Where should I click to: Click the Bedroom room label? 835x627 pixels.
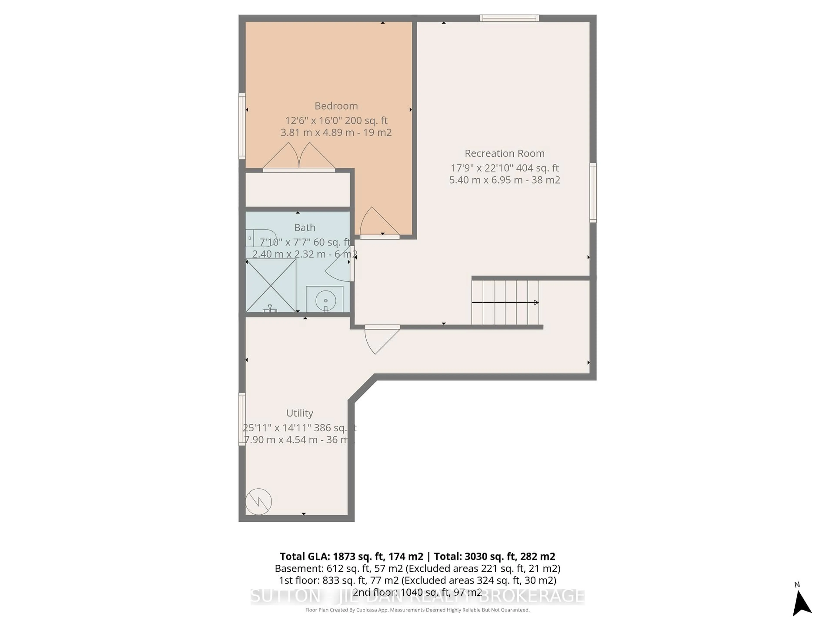[x=336, y=106]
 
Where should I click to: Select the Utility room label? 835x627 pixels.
[x=299, y=413]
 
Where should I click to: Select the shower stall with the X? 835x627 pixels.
[x=271, y=285]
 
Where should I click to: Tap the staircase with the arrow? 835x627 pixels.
[x=505, y=302]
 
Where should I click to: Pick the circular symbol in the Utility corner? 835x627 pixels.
[x=259, y=502]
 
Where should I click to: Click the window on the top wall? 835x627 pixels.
[x=509, y=18]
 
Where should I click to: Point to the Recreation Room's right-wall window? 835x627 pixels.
[x=593, y=193]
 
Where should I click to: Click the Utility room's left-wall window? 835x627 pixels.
[x=242, y=419]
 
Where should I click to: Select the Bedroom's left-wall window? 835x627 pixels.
[x=242, y=126]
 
